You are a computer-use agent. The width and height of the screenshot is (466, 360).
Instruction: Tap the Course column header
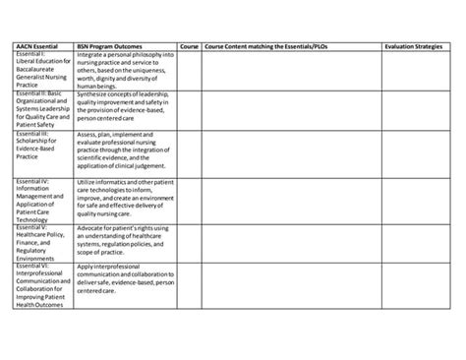click(x=190, y=45)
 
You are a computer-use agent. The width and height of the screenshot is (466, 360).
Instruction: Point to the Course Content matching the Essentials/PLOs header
click(x=266, y=45)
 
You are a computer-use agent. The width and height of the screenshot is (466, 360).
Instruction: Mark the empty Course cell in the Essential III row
click(x=190, y=152)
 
